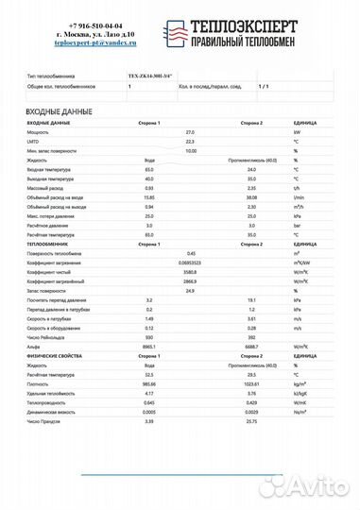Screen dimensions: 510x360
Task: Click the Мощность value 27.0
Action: point(189,132)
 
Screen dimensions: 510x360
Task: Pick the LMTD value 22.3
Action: point(189,142)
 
